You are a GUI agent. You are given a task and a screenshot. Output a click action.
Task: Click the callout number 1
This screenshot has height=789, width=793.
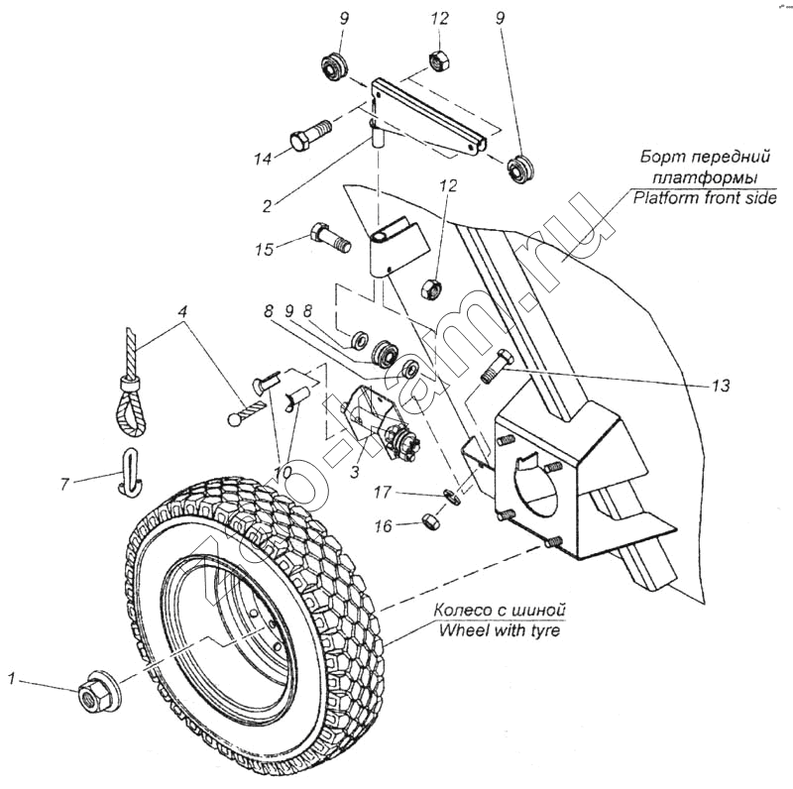pyautogui.click(x=11, y=679)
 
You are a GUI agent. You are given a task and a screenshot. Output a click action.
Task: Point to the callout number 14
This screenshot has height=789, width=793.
pyautogui.click(x=262, y=159)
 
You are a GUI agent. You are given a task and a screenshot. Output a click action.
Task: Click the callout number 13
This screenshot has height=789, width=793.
pyautogui.click(x=721, y=386)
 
